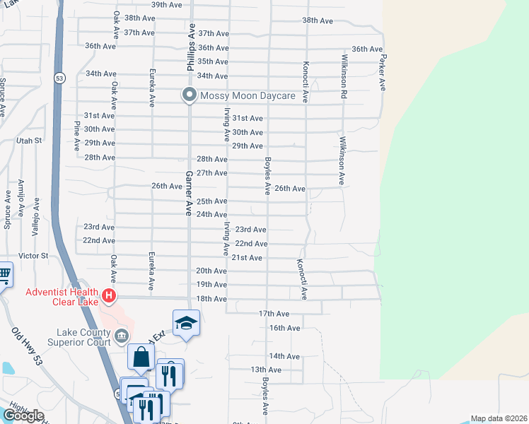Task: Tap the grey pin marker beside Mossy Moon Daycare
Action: click(189, 95)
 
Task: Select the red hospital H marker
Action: click(108, 295)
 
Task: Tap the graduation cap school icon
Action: click(186, 323)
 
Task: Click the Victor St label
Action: click(33, 255)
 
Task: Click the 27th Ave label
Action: click(211, 173)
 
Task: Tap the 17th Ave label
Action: click(274, 313)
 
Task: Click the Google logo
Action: click(23, 416)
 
